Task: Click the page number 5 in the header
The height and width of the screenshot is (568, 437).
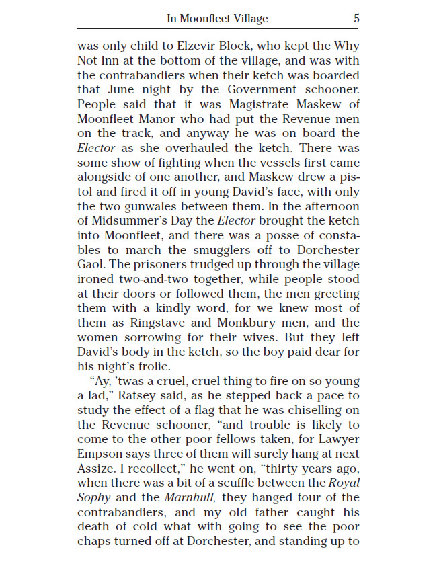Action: (x=356, y=19)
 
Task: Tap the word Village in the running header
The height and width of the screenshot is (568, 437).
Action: (x=249, y=19)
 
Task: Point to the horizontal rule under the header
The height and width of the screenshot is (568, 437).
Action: (x=218, y=29)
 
